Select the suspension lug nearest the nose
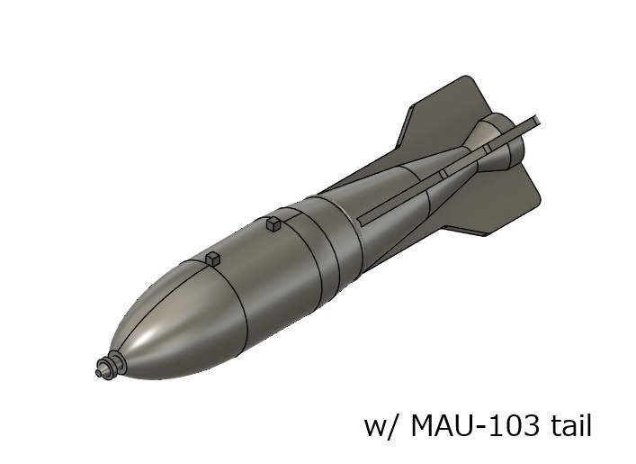pos(212,259)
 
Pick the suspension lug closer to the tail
pos(273,223)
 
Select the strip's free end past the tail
pos(534,119)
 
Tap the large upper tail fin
pos(441,113)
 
